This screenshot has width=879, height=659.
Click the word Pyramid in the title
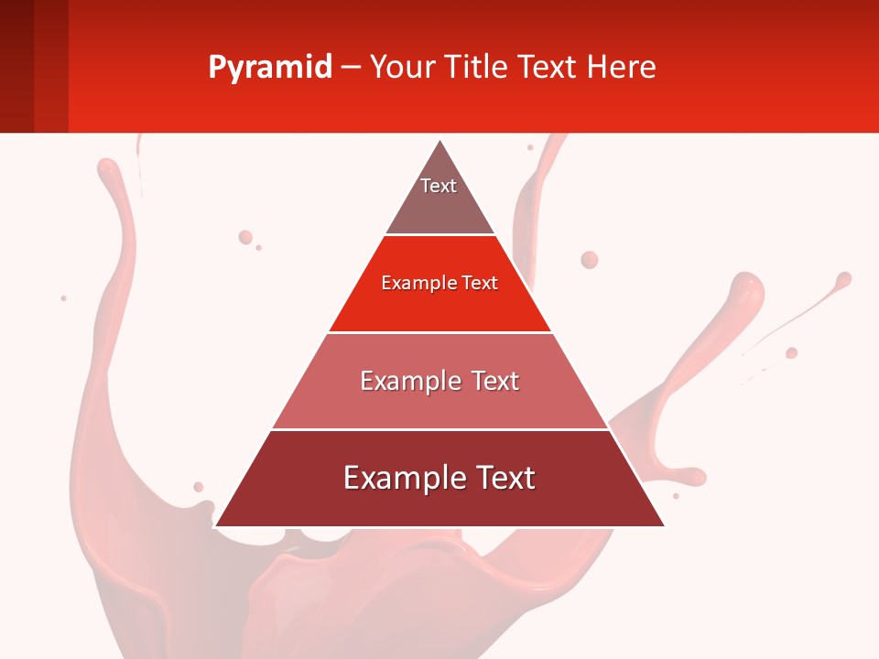tap(270, 68)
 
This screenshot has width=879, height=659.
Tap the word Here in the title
tap(621, 68)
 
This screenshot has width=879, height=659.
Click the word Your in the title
tap(404, 68)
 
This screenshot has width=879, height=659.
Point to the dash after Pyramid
tap(351, 68)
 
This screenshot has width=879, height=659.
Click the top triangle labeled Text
tap(439, 197)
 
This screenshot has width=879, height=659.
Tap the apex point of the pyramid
tap(440, 141)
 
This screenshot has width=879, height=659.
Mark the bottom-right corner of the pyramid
tap(664, 525)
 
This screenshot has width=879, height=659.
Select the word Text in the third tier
tap(495, 381)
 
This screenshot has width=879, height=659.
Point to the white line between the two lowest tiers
tap(439, 429)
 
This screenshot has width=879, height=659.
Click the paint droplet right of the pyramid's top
tap(590, 260)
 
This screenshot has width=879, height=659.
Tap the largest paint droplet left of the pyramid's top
tap(245, 237)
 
